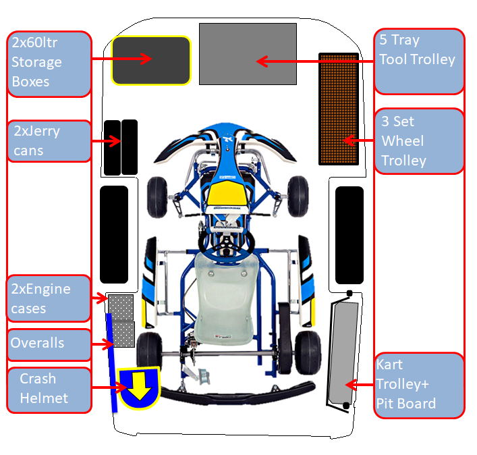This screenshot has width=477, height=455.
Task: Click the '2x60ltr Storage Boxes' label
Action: click(49, 62)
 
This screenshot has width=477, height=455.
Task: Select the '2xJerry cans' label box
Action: click(49, 140)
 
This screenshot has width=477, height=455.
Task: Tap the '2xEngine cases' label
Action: click(49, 298)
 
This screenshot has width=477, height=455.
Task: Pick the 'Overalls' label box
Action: click(49, 344)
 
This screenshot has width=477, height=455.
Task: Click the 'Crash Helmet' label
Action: click(49, 389)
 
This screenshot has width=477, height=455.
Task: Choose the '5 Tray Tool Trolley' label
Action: click(418, 61)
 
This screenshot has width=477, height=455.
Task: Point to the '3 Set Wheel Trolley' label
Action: click(418, 141)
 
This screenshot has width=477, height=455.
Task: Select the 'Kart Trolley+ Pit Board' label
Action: click(418, 384)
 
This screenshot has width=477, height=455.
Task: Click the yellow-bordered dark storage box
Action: click(151, 60)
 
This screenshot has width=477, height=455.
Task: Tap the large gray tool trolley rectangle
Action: click(248, 54)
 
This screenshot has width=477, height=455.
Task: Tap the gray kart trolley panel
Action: click(344, 351)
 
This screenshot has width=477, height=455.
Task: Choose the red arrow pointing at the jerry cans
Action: click(107, 141)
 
